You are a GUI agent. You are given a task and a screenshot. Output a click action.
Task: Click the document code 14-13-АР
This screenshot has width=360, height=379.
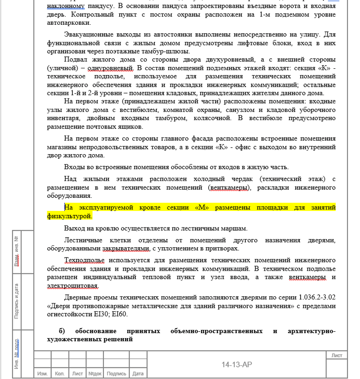point(237,365)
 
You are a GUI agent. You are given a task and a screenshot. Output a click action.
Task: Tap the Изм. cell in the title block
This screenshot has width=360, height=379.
point(42,374)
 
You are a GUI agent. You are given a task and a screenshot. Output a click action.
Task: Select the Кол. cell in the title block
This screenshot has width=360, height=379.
point(59,374)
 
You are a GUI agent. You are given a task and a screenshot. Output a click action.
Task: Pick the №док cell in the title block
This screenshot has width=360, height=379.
point(95,374)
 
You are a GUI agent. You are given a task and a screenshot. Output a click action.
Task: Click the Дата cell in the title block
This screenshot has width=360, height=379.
point(138,374)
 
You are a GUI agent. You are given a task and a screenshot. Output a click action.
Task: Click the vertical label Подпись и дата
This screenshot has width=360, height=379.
point(17,301)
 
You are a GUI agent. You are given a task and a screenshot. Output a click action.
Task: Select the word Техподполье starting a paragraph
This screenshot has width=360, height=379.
point(84,260)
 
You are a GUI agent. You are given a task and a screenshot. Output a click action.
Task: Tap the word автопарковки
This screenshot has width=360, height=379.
point(67,22)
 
